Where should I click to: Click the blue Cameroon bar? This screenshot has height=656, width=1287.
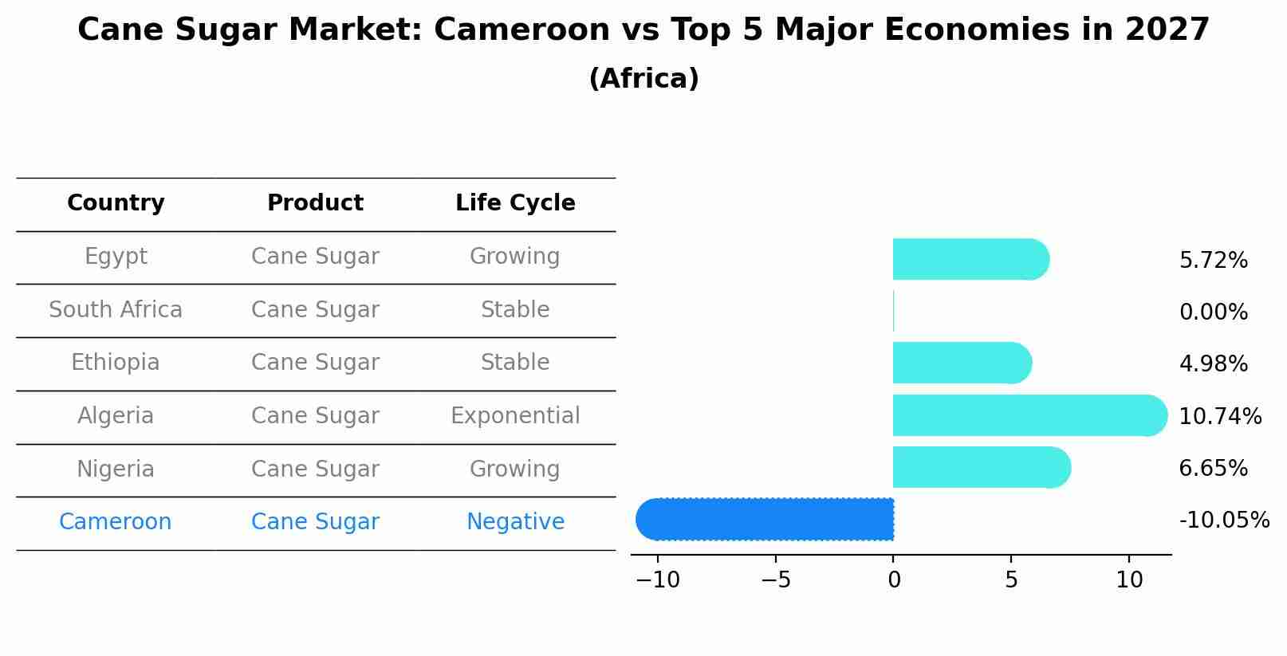[x=766, y=519]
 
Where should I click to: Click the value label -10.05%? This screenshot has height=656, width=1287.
[x=1224, y=520]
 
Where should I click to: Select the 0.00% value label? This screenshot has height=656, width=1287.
[x=1213, y=312]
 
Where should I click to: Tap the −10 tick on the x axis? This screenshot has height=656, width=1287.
[x=658, y=580]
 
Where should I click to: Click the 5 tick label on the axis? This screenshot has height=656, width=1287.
[x=1011, y=580]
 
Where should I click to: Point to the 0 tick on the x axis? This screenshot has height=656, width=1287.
[x=894, y=580]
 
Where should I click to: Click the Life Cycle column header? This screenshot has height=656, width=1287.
[x=515, y=203]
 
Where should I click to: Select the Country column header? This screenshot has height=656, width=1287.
[x=116, y=203]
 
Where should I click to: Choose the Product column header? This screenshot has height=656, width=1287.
[x=315, y=203]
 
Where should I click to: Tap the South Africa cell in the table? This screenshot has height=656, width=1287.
[x=116, y=310]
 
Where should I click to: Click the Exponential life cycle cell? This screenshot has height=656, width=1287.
[x=515, y=416]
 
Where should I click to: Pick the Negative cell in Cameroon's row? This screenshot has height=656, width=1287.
[x=515, y=522]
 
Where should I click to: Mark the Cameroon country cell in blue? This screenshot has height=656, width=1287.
[x=116, y=522]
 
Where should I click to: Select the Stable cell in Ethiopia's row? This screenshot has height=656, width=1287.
[x=515, y=363]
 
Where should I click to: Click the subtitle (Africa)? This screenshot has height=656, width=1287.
[x=643, y=79]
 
